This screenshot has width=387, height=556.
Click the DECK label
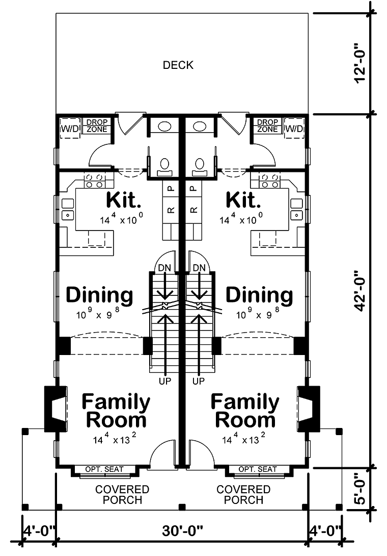pos(178,65)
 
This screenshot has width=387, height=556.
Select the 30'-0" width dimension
pos(182,531)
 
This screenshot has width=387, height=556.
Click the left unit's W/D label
pos(70,129)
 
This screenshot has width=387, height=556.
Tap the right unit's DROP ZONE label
pos(267,125)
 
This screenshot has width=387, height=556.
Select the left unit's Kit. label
pos(124,200)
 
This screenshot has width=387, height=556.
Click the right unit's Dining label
pos(259,295)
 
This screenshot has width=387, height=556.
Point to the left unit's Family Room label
pos(116,411)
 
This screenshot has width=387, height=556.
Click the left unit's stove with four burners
pos(95,181)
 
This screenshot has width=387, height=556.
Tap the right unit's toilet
pos(199,167)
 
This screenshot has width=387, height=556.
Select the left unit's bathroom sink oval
pos(164,127)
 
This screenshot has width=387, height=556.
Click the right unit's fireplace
pos(309,409)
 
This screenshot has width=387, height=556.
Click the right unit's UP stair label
pos(199,381)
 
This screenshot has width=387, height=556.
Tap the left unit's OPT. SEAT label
pos(104,469)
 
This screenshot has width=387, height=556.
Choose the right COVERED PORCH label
pos(243,495)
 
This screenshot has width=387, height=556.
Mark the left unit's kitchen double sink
pos(68,209)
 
